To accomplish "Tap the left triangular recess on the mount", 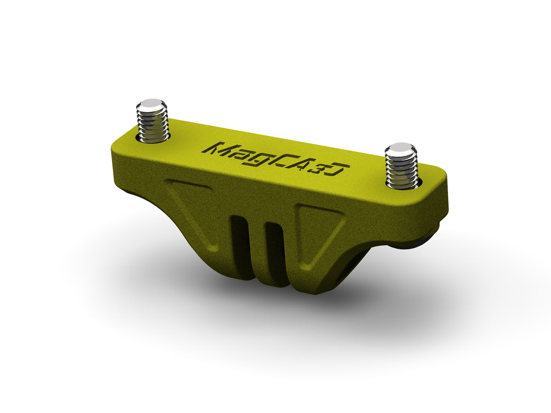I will [193, 206].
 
